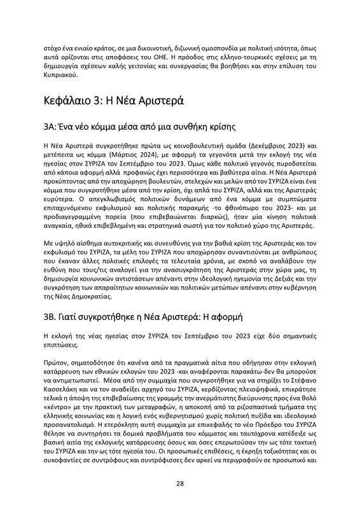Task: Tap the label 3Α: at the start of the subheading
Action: tap(52, 126)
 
